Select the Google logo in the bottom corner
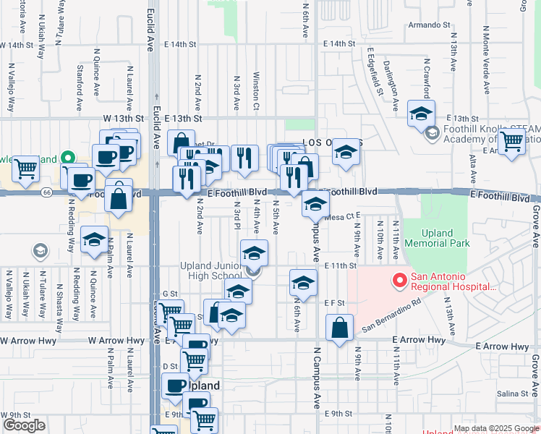tap(24, 425)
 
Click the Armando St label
tap(430, 25)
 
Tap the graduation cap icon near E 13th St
tap(421, 114)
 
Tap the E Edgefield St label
tap(373, 72)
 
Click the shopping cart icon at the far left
tap(26, 169)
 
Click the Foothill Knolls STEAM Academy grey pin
tap(433, 133)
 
